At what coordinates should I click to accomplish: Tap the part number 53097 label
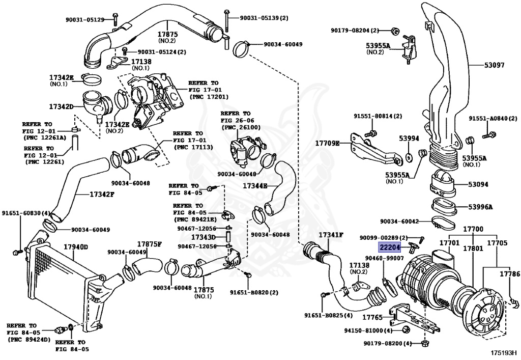coord(494,65)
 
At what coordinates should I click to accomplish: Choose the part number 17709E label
coord(327,144)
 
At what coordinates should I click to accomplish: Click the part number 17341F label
coord(331,235)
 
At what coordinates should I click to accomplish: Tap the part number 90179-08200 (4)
coord(387,344)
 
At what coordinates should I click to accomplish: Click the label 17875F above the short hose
coord(149,244)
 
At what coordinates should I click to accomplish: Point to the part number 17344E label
coord(255,186)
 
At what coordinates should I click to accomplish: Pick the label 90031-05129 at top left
coord(84,20)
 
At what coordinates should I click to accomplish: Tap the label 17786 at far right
coord(509,274)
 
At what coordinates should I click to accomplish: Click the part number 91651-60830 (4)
coord(26,213)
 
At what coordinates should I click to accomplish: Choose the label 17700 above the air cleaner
coord(473,229)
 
